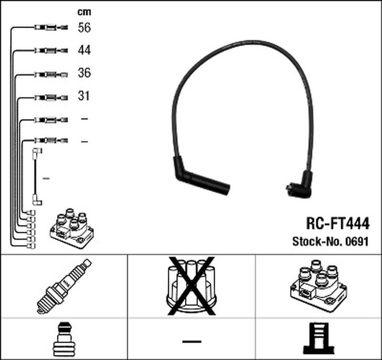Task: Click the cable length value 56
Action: click(85, 28)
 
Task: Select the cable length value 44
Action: click(85, 50)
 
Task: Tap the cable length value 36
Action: click(85, 73)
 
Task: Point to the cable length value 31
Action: click(84, 95)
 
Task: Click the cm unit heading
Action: click(85, 11)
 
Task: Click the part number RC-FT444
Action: click(338, 223)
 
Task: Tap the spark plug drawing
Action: click(64, 286)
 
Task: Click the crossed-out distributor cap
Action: click(191, 286)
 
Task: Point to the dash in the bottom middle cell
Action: click(192, 341)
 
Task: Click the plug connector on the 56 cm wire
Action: click(51, 27)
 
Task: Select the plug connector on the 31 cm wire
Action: click(51, 98)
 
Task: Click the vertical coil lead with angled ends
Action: click(37, 177)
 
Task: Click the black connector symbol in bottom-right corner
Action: click(318, 339)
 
